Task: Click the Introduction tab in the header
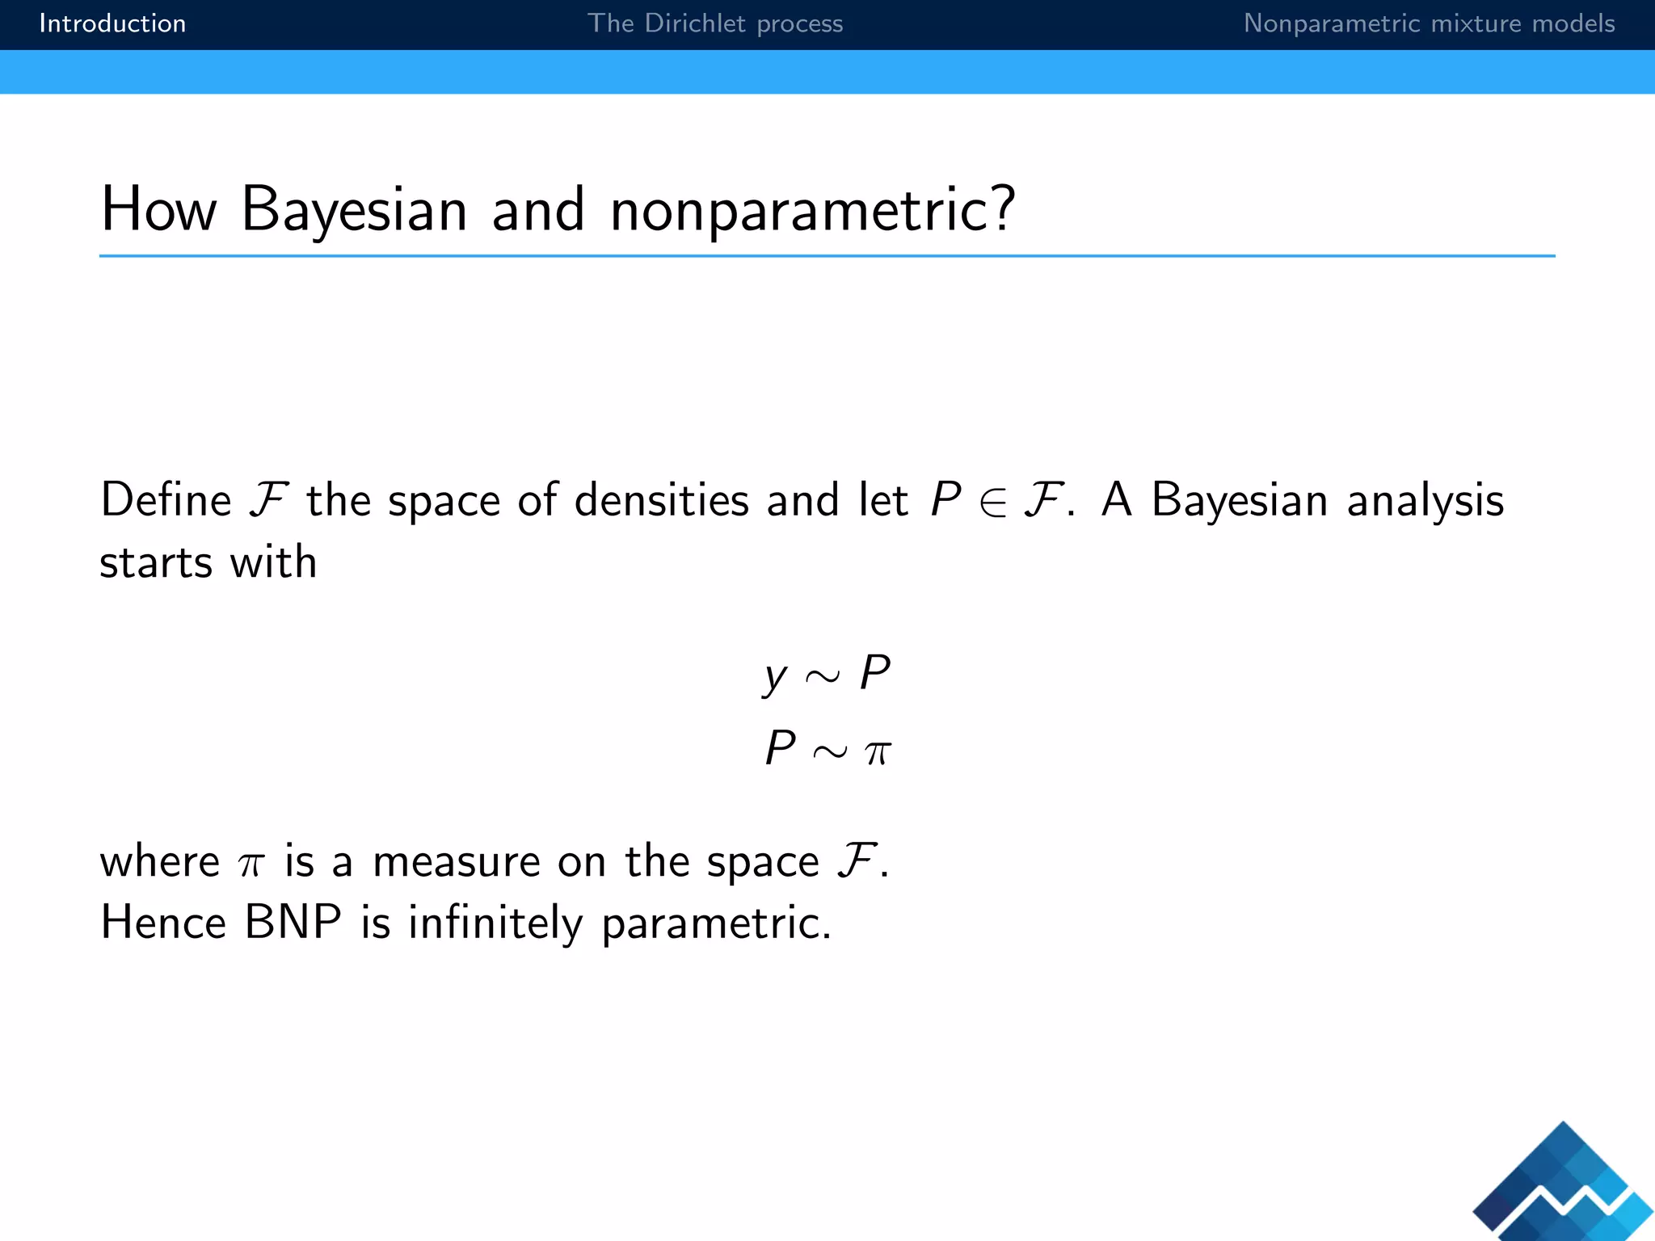(112, 23)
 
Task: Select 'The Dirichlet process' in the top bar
(714, 23)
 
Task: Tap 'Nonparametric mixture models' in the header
(1429, 23)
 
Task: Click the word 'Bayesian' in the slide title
(354, 210)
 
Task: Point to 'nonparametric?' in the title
(812, 210)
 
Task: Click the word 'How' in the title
(159, 210)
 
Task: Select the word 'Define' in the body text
(166, 499)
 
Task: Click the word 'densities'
(661, 499)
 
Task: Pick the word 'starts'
(156, 562)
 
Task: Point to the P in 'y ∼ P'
(874, 672)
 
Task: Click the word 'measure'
(456, 861)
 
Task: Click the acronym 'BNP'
(293, 922)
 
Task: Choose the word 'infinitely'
(495, 923)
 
